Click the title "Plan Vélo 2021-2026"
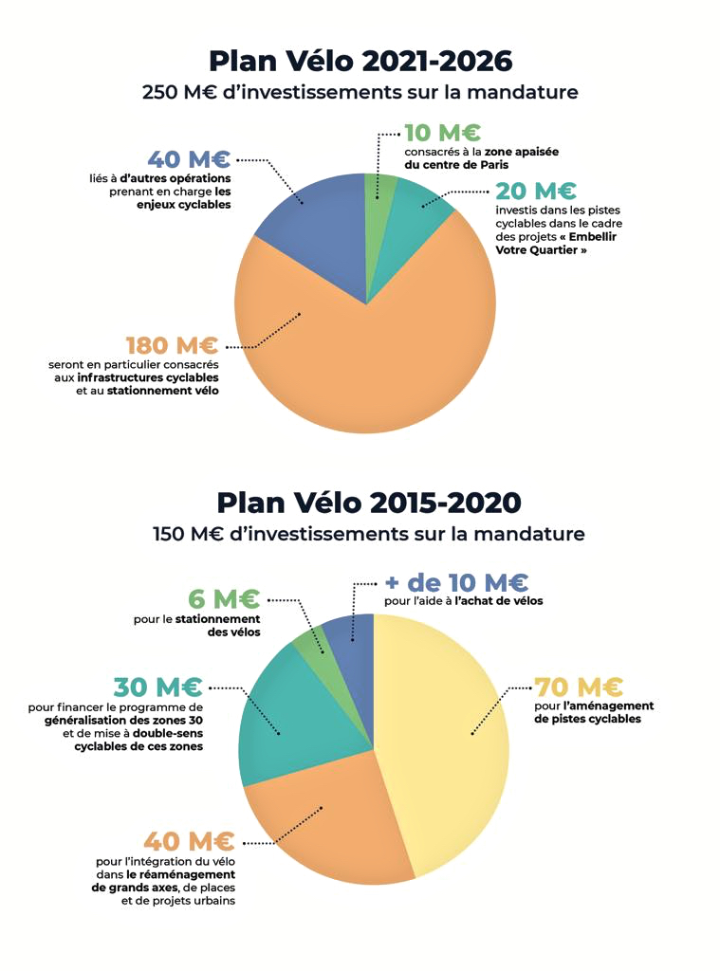360,61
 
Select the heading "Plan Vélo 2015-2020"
368,502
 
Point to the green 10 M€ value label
442,133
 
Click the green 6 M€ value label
223,599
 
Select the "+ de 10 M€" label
456,582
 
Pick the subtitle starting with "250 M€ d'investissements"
360,93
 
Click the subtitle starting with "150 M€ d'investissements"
368,534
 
